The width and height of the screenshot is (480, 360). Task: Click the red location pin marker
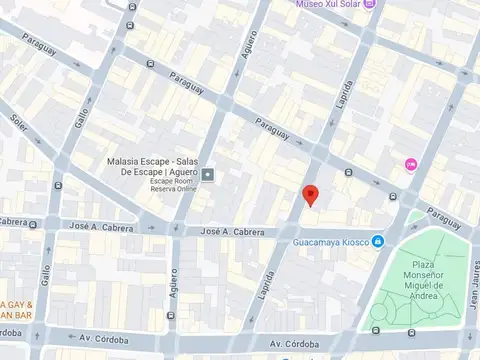coord(310,195)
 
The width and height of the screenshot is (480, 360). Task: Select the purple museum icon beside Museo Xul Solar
coord(369,4)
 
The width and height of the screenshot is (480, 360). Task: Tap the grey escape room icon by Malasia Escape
coord(208,176)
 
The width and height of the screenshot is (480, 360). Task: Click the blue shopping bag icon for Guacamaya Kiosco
coord(378,241)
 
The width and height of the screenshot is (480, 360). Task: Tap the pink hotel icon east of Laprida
coord(410,164)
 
